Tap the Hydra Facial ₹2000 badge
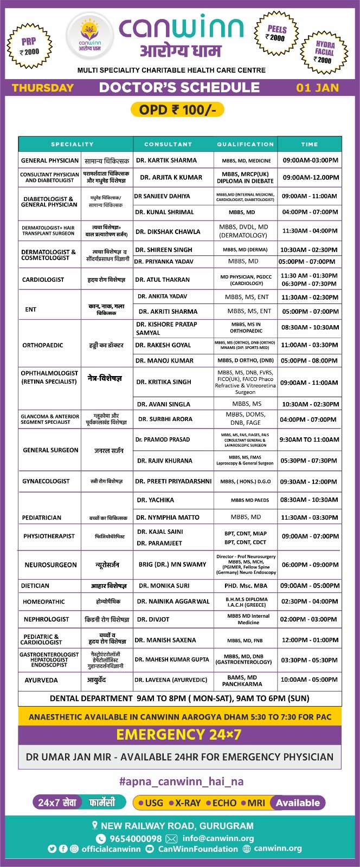pos(325,52)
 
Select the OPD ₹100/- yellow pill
pos(178,110)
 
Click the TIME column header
pos(310,145)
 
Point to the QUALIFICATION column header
pos(245,145)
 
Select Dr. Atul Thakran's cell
pos(163,280)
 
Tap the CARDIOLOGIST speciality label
pos(43,280)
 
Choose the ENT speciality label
pos(31,309)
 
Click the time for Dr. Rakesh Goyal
pos(309,345)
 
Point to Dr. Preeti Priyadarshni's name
pos(173,481)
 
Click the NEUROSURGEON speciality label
pos(50,565)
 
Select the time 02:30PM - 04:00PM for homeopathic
pos(309,601)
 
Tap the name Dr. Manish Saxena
pos(165,640)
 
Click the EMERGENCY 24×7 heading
pos(179,735)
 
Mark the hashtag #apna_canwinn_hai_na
pos(181,781)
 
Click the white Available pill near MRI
pos(298,803)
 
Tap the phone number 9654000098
pos(136,838)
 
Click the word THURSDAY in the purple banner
pos(43,88)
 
